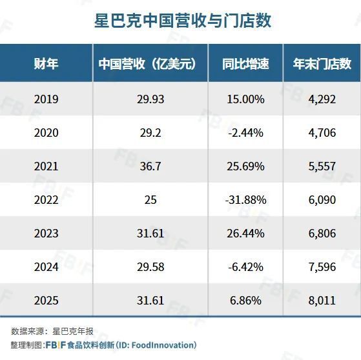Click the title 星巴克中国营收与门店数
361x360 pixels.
[180, 21]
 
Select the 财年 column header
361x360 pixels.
[46, 63]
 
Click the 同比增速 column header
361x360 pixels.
[245, 63]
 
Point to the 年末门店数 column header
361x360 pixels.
[322, 63]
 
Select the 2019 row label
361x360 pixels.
[46, 99]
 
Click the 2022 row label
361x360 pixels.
[46, 199]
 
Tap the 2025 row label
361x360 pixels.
[46, 300]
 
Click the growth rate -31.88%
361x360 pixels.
[245, 199]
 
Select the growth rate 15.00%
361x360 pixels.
[245, 99]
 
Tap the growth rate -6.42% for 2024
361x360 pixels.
[245, 266]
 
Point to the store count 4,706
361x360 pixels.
[322, 133]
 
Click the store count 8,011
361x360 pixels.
[322, 300]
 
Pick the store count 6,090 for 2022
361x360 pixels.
[322, 199]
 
